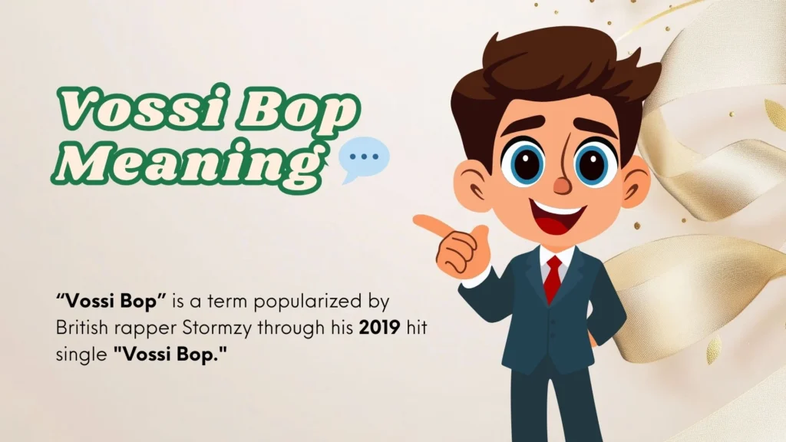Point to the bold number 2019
(x=379, y=328)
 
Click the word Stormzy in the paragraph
(x=219, y=329)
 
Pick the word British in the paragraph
(x=81, y=328)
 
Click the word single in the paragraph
(x=81, y=355)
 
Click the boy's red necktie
(x=553, y=278)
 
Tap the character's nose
(x=562, y=186)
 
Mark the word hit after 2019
(x=416, y=328)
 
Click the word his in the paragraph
(x=342, y=328)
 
